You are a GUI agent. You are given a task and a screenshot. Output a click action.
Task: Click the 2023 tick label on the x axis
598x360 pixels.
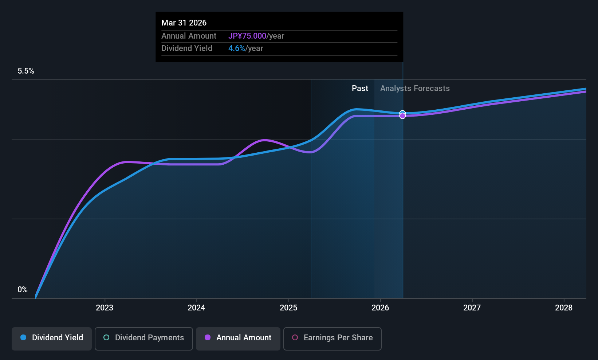click(105, 308)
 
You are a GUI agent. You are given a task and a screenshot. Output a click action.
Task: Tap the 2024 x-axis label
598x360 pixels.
click(196, 308)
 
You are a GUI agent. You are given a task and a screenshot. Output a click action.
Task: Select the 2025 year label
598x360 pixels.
click(288, 308)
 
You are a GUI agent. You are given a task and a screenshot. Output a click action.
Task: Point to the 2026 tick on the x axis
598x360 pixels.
click(380, 308)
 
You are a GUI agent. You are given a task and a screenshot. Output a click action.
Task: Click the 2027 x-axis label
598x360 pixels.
click(472, 308)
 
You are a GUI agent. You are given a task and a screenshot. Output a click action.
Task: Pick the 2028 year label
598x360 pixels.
click(564, 308)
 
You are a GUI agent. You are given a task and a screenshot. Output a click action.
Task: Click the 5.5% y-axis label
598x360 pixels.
click(26, 71)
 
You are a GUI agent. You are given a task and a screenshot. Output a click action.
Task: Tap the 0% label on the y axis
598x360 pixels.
click(23, 290)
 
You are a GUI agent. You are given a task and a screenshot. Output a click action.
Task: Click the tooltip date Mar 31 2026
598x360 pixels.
click(184, 23)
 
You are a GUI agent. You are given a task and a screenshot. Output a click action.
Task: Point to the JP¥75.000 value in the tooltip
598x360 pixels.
click(247, 36)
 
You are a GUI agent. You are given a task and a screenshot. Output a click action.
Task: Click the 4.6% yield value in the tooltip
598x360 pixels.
click(237, 48)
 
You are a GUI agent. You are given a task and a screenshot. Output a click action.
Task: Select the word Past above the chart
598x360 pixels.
click(360, 89)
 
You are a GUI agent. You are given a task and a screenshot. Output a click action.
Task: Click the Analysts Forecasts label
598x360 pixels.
click(415, 89)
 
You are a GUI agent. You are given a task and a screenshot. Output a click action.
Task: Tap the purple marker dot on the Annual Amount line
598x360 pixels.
click(402, 116)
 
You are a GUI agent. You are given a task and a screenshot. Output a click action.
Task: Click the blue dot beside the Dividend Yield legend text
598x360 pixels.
click(23, 338)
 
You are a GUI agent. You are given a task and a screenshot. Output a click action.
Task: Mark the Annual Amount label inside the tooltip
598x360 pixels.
click(189, 36)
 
